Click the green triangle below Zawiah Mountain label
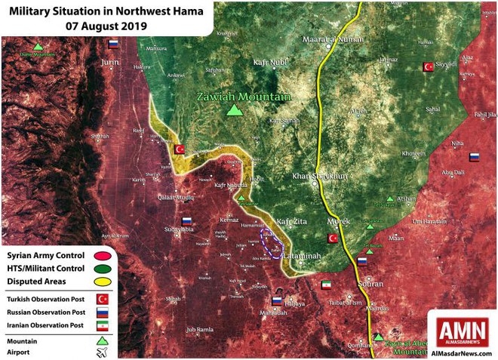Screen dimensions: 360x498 pos(235,111)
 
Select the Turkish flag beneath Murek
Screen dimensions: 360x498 pos(332,238)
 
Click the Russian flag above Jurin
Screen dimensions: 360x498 pos(114,45)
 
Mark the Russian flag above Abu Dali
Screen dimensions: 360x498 pos(475,158)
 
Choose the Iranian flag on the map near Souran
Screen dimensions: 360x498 pos(326,285)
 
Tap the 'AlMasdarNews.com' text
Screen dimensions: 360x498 pos(461,352)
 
